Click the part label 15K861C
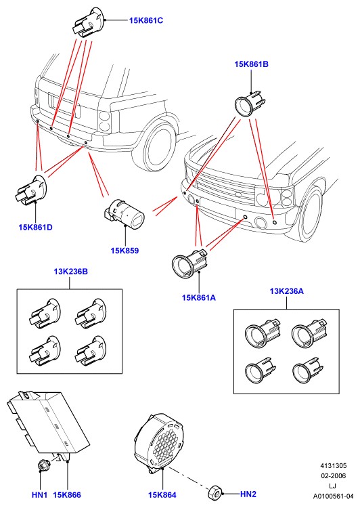(146, 20)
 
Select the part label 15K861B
(251, 64)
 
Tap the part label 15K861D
(35, 227)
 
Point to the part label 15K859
(125, 251)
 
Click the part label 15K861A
(199, 297)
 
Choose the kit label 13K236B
(70, 272)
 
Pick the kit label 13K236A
(286, 291)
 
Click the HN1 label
(39, 494)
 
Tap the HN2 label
(248, 494)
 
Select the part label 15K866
(67, 494)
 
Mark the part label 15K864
(162, 494)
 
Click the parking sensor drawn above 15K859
(125, 213)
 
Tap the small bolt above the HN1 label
(42, 465)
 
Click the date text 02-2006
(333, 475)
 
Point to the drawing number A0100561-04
(333, 496)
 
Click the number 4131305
(333, 465)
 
